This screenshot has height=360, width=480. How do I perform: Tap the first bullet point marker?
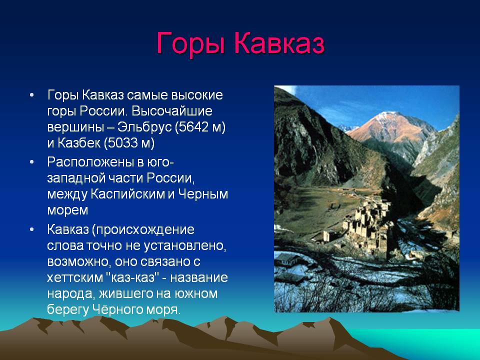(x=32, y=95)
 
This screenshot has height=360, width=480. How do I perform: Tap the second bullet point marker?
(x=32, y=162)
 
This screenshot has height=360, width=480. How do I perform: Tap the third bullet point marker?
(x=32, y=229)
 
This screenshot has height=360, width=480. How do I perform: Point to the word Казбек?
(x=78, y=143)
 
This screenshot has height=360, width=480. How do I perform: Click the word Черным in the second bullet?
(x=203, y=194)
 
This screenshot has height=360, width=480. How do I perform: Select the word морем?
(x=67, y=210)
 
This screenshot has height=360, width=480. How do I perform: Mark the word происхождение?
(x=145, y=230)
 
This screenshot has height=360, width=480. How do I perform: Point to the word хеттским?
(x=75, y=277)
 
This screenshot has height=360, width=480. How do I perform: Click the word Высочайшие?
(x=172, y=111)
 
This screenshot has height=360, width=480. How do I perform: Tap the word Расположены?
(x=90, y=162)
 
